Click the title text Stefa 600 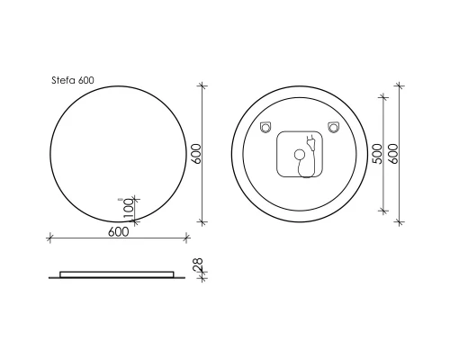click(72, 79)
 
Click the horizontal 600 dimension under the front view click(118, 231)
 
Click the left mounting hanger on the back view click(265, 127)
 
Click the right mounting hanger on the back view click(333, 126)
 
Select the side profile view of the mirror click(117, 273)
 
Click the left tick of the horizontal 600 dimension click(49, 238)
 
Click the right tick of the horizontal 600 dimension click(186, 238)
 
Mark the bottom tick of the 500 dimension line click(385, 210)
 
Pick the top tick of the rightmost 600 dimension click(400, 85)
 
